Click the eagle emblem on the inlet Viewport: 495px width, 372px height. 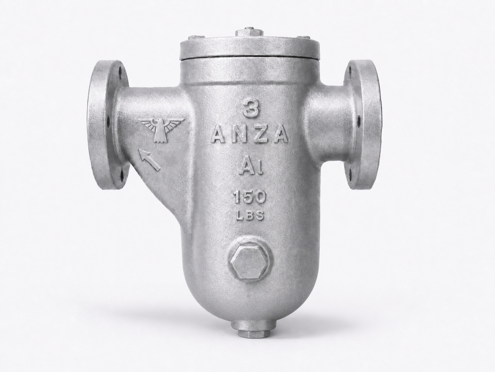click(162, 130)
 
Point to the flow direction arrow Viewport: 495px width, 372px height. click(149, 160)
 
